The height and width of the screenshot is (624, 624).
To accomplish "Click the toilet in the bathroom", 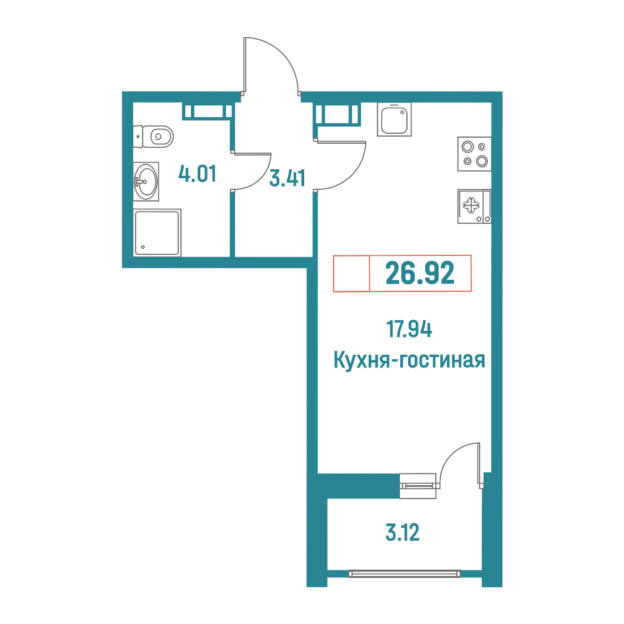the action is pyautogui.click(x=154, y=137).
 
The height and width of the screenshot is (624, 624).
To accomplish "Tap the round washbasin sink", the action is pyautogui.click(x=146, y=182).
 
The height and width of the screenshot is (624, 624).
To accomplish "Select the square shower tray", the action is pyautogui.click(x=157, y=233).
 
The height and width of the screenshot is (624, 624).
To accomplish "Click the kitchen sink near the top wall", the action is pyautogui.click(x=394, y=119).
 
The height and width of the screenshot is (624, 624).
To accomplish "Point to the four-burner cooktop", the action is pyautogui.click(x=474, y=154).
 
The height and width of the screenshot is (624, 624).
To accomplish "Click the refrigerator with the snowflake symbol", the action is pyautogui.click(x=474, y=206).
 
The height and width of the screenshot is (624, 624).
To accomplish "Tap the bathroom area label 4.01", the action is pyautogui.click(x=198, y=174).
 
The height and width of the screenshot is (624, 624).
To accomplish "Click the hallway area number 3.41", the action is pyautogui.click(x=288, y=178).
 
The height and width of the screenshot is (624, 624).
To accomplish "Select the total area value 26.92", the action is pyautogui.click(x=420, y=273).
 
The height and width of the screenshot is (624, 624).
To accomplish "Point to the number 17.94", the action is pyautogui.click(x=409, y=329).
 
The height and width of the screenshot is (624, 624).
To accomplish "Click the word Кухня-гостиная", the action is pyautogui.click(x=409, y=360).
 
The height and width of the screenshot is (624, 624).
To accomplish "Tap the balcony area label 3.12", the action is pyautogui.click(x=402, y=532).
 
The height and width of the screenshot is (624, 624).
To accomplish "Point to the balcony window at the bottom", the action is pyautogui.click(x=404, y=573).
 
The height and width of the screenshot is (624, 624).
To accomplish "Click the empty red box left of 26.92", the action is pyautogui.click(x=351, y=273).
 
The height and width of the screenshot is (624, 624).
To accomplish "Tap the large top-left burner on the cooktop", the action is pyautogui.click(x=467, y=147).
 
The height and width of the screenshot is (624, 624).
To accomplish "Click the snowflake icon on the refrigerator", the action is pyautogui.click(x=471, y=205).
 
